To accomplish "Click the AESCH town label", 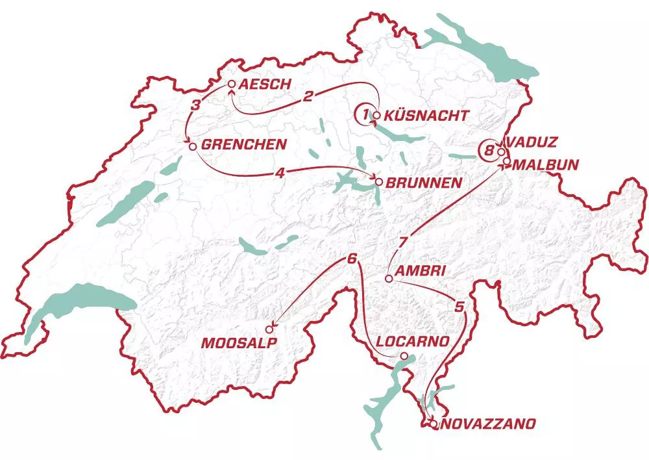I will point(262,84).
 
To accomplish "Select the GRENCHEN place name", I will point(243,145).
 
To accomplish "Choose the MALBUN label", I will point(545,165).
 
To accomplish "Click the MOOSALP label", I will point(234,343).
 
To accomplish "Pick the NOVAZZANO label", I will point(488,424).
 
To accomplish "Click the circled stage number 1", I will point(365,115).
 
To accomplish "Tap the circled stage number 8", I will point(488,151).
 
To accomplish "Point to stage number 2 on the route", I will point(309,96).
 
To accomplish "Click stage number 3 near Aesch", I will point(195,104).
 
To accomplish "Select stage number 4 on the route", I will point(279,173).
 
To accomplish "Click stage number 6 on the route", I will point(352,259).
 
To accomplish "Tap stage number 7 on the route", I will point(403,243).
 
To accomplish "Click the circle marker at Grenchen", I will point(192,146).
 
